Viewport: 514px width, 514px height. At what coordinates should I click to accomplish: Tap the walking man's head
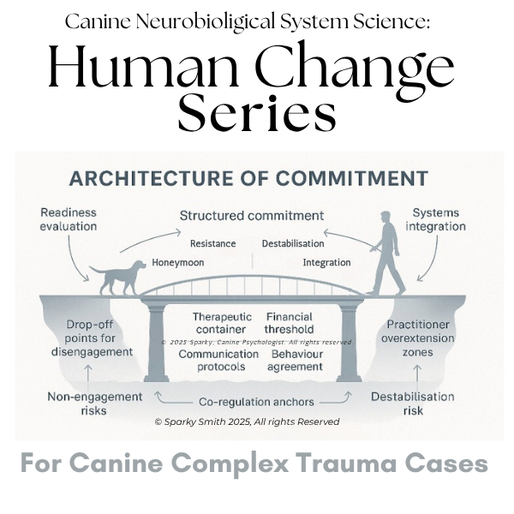pyautogui.click(x=385, y=218)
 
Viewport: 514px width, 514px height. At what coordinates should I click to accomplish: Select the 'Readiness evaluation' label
pyautogui.click(x=69, y=219)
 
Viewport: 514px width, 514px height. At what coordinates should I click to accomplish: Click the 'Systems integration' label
pyautogui.click(x=436, y=219)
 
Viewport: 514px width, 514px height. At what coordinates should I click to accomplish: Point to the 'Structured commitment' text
pyautogui.click(x=252, y=216)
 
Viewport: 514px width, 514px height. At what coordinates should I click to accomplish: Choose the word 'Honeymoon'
pyautogui.click(x=178, y=262)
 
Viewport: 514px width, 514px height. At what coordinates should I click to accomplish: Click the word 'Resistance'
pyautogui.click(x=213, y=243)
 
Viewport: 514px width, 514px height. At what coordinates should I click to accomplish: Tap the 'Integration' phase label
pyautogui.click(x=327, y=262)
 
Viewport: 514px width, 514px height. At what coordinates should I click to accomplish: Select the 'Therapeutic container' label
pyautogui.click(x=222, y=323)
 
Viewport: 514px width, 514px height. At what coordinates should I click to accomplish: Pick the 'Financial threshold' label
pyautogui.click(x=290, y=323)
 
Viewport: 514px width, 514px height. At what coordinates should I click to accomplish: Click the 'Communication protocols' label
pyautogui.click(x=218, y=360)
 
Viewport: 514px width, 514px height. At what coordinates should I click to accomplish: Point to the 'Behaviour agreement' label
pyautogui.click(x=296, y=360)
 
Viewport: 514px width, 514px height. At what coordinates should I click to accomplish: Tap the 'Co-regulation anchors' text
pyautogui.click(x=256, y=402)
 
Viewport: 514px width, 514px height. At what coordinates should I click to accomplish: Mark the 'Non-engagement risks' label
pyautogui.click(x=95, y=403)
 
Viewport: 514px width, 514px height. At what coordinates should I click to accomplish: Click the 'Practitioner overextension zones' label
pyautogui.click(x=418, y=338)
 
